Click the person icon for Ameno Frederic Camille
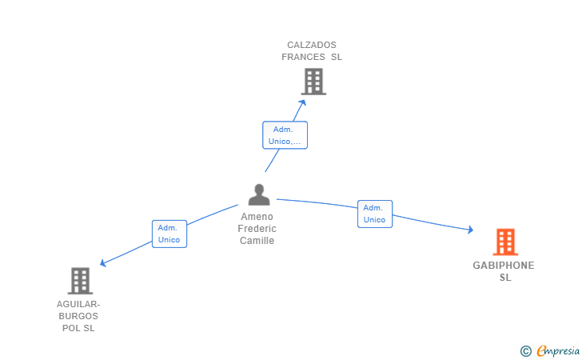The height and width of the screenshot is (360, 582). tap(259, 194)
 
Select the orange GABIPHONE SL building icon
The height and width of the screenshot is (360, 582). tap(504, 242)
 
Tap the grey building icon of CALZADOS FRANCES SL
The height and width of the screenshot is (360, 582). tap(313, 82)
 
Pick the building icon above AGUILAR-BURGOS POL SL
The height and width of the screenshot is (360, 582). tap(80, 281)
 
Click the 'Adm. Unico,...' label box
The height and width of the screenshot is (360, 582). tap(285, 135)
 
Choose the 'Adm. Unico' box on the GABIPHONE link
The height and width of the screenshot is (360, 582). tap(374, 214)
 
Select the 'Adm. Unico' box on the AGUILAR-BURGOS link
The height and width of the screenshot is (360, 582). tap(169, 234)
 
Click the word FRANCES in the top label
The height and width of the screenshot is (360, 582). tap(303, 57)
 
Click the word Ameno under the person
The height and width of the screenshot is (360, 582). tap(257, 217)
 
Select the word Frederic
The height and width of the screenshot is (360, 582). tap(257, 229)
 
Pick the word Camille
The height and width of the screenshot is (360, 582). tap(257, 241)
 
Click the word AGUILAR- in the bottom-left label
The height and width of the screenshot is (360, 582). tap(78, 304)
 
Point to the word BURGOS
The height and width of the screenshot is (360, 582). tap(78, 316)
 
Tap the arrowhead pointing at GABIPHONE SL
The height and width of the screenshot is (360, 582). tap(470, 230)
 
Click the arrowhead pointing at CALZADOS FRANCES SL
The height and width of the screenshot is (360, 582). tap(303, 101)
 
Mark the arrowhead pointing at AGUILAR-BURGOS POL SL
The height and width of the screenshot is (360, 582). tap(102, 263)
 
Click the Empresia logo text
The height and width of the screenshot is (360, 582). tap(558, 350)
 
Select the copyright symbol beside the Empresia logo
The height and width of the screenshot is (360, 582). tap(525, 350)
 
